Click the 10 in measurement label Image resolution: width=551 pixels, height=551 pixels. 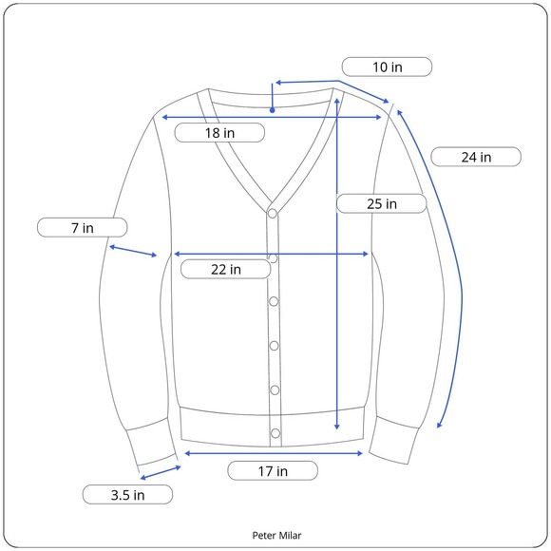(387, 66)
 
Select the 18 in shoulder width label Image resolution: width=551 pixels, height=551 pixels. (219, 133)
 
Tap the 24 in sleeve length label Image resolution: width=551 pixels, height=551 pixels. (476, 157)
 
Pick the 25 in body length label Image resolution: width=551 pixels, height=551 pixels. (382, 203)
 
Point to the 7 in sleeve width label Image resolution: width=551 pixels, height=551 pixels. (83, 228)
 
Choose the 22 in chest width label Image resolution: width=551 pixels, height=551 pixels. (225, 269)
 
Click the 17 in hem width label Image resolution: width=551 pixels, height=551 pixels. (273, 471)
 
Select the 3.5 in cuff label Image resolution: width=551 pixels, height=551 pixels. (127, 495)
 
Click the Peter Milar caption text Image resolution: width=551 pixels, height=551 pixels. (276, 535)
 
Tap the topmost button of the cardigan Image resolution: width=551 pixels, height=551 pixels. (273, 214)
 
